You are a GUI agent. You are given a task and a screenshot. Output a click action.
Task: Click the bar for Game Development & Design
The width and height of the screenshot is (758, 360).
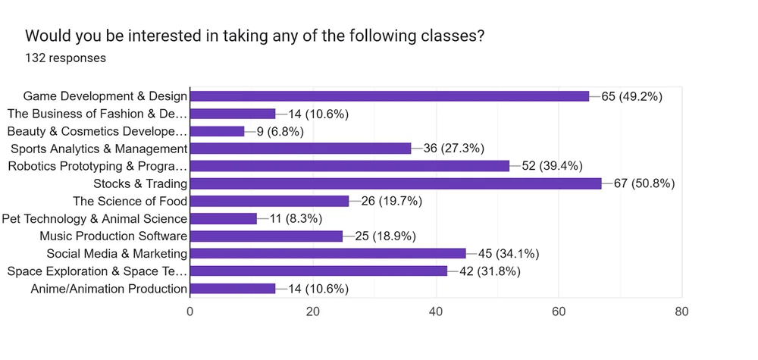click(x=389, y=96)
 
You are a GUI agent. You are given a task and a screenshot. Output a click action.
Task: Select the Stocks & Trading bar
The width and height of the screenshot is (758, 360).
click(x=395, y=183)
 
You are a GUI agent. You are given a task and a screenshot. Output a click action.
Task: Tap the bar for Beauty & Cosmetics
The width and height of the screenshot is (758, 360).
click(x=217, y=131)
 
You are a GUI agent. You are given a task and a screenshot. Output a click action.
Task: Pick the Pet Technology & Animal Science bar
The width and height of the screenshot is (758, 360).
click(x=224, y=218)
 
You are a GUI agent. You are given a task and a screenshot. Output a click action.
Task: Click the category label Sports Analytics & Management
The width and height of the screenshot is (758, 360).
click(x=98, y=149)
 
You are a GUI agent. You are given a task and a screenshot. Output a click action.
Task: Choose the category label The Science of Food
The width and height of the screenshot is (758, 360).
click(x=130, y=201)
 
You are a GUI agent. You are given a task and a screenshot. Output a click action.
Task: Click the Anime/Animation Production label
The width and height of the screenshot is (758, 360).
click(x=108, y=289)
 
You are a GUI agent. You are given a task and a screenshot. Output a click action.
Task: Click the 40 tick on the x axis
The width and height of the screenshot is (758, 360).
click(x=436, y=311)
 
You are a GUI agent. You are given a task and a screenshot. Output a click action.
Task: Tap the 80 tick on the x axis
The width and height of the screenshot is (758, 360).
click(x=681, y=311)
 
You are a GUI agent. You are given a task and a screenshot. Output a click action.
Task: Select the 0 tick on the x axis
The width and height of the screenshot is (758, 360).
click(x=190, y=311)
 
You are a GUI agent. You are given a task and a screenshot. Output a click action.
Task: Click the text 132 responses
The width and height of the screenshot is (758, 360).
click(x=65, y=58)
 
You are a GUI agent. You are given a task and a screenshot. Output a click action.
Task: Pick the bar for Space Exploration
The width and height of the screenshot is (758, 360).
click(x=318, y=271)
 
